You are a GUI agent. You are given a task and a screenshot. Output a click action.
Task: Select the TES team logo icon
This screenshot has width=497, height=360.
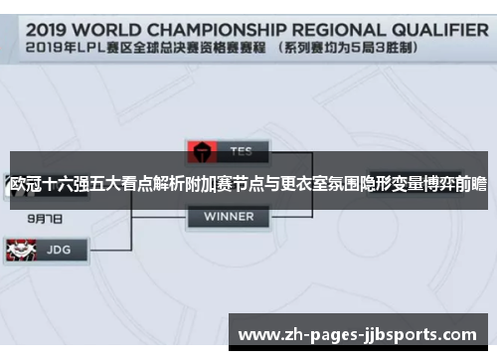click(x=201, y=152)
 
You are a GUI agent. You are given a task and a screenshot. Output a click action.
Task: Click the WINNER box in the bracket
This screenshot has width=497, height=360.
click(x=228, y=216)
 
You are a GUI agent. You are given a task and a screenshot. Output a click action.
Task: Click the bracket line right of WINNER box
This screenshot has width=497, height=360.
click(x=298, y=216)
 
